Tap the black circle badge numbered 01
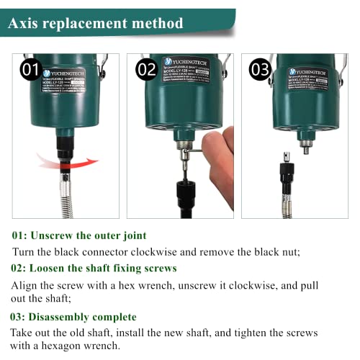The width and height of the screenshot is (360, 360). tap(31, 71)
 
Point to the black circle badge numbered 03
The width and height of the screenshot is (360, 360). tap(260, 71)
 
